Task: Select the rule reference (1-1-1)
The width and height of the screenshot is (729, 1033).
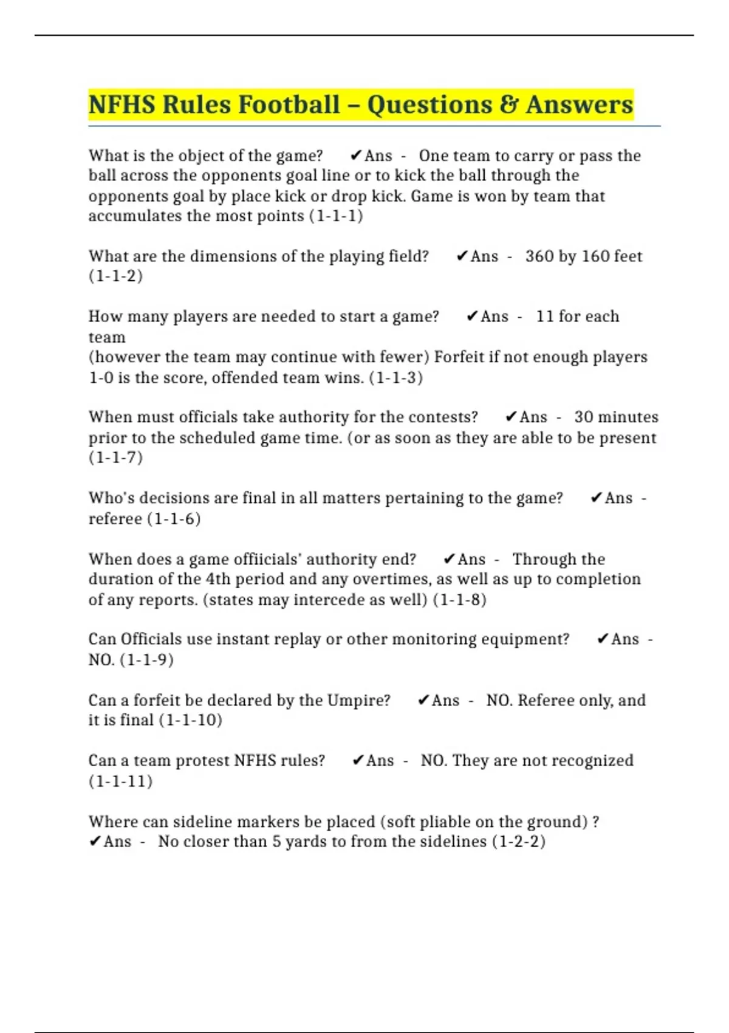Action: pos(336,216)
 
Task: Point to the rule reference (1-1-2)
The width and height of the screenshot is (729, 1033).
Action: pos(115,276)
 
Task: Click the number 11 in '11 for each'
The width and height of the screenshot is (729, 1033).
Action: pos(544,317)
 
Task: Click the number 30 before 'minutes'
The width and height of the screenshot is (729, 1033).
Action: pos(583,417)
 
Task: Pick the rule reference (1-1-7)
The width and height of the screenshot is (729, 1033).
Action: pos(115,458)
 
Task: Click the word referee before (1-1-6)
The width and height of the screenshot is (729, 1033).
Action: pos(115,519)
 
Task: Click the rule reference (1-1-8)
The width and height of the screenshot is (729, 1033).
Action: pos(459,600)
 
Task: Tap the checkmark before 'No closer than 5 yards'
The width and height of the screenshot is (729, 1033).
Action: pos(94,842)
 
